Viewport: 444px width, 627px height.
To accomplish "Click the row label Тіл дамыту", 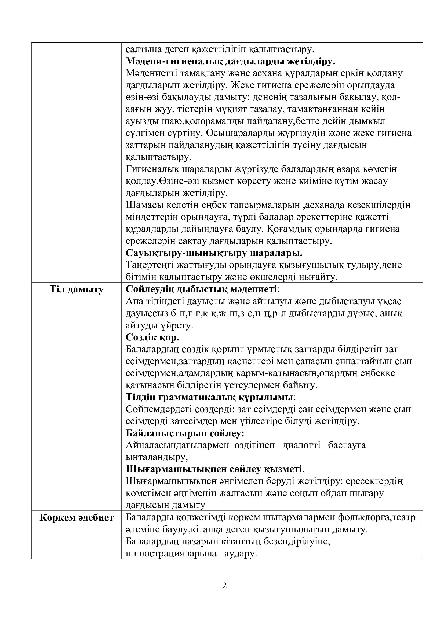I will tap(77, 290).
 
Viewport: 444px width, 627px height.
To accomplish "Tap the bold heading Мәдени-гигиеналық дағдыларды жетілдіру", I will tap(231, 61).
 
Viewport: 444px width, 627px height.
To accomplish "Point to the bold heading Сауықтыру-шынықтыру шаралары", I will tap(214, 253).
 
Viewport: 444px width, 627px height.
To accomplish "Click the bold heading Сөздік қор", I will tap(152, 337).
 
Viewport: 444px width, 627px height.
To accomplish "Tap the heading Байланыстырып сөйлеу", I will tap(185, 434).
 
